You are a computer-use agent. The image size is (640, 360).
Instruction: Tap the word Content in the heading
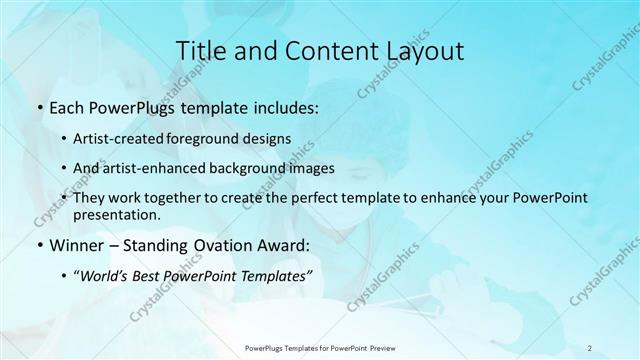coord(327,51)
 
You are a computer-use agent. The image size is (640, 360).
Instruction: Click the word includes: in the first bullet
coord(284,106)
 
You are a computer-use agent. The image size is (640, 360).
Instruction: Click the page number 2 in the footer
coord(590,348)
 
